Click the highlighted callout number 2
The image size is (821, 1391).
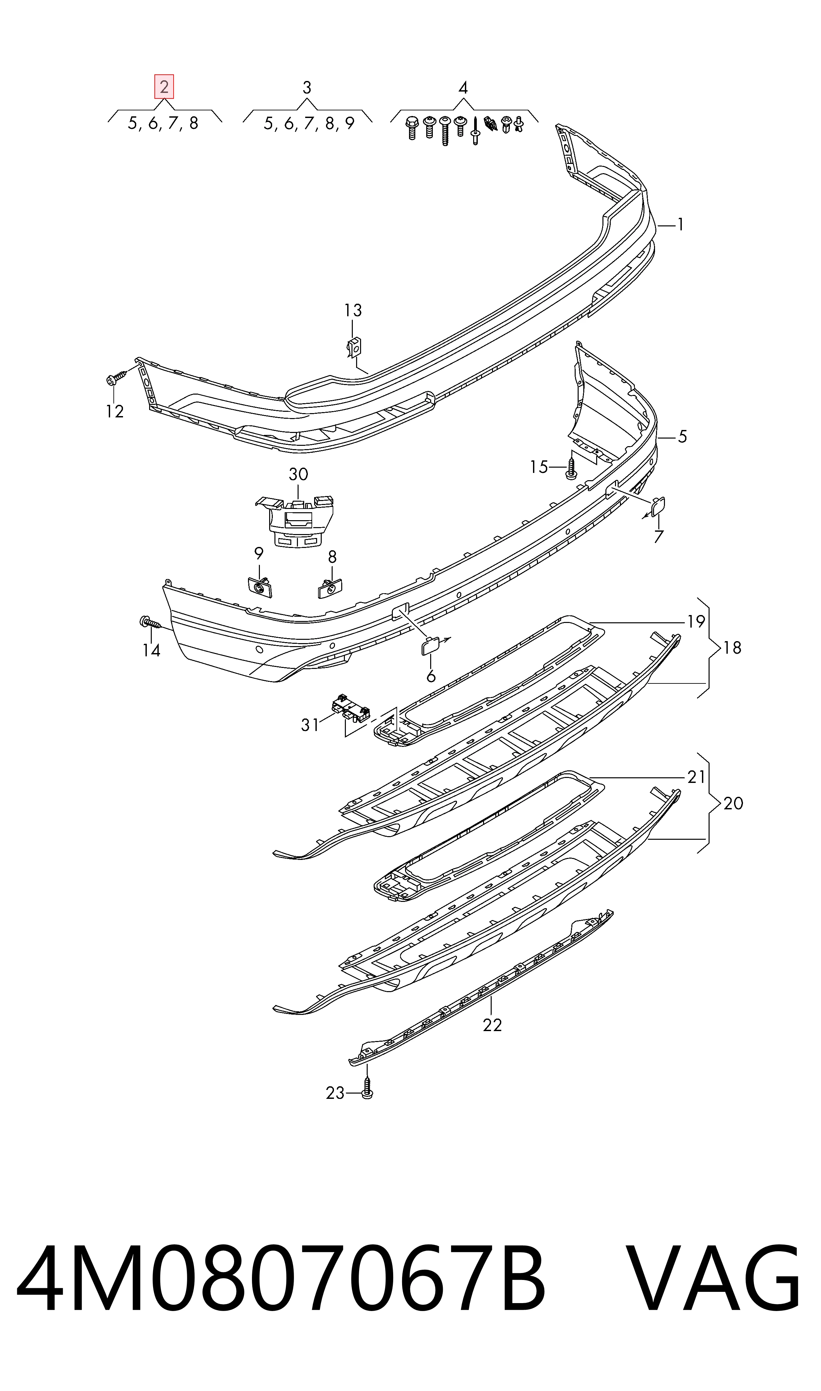[164, 87]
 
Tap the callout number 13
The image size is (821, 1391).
[353, 311]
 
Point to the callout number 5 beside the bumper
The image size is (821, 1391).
[682, 437]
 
